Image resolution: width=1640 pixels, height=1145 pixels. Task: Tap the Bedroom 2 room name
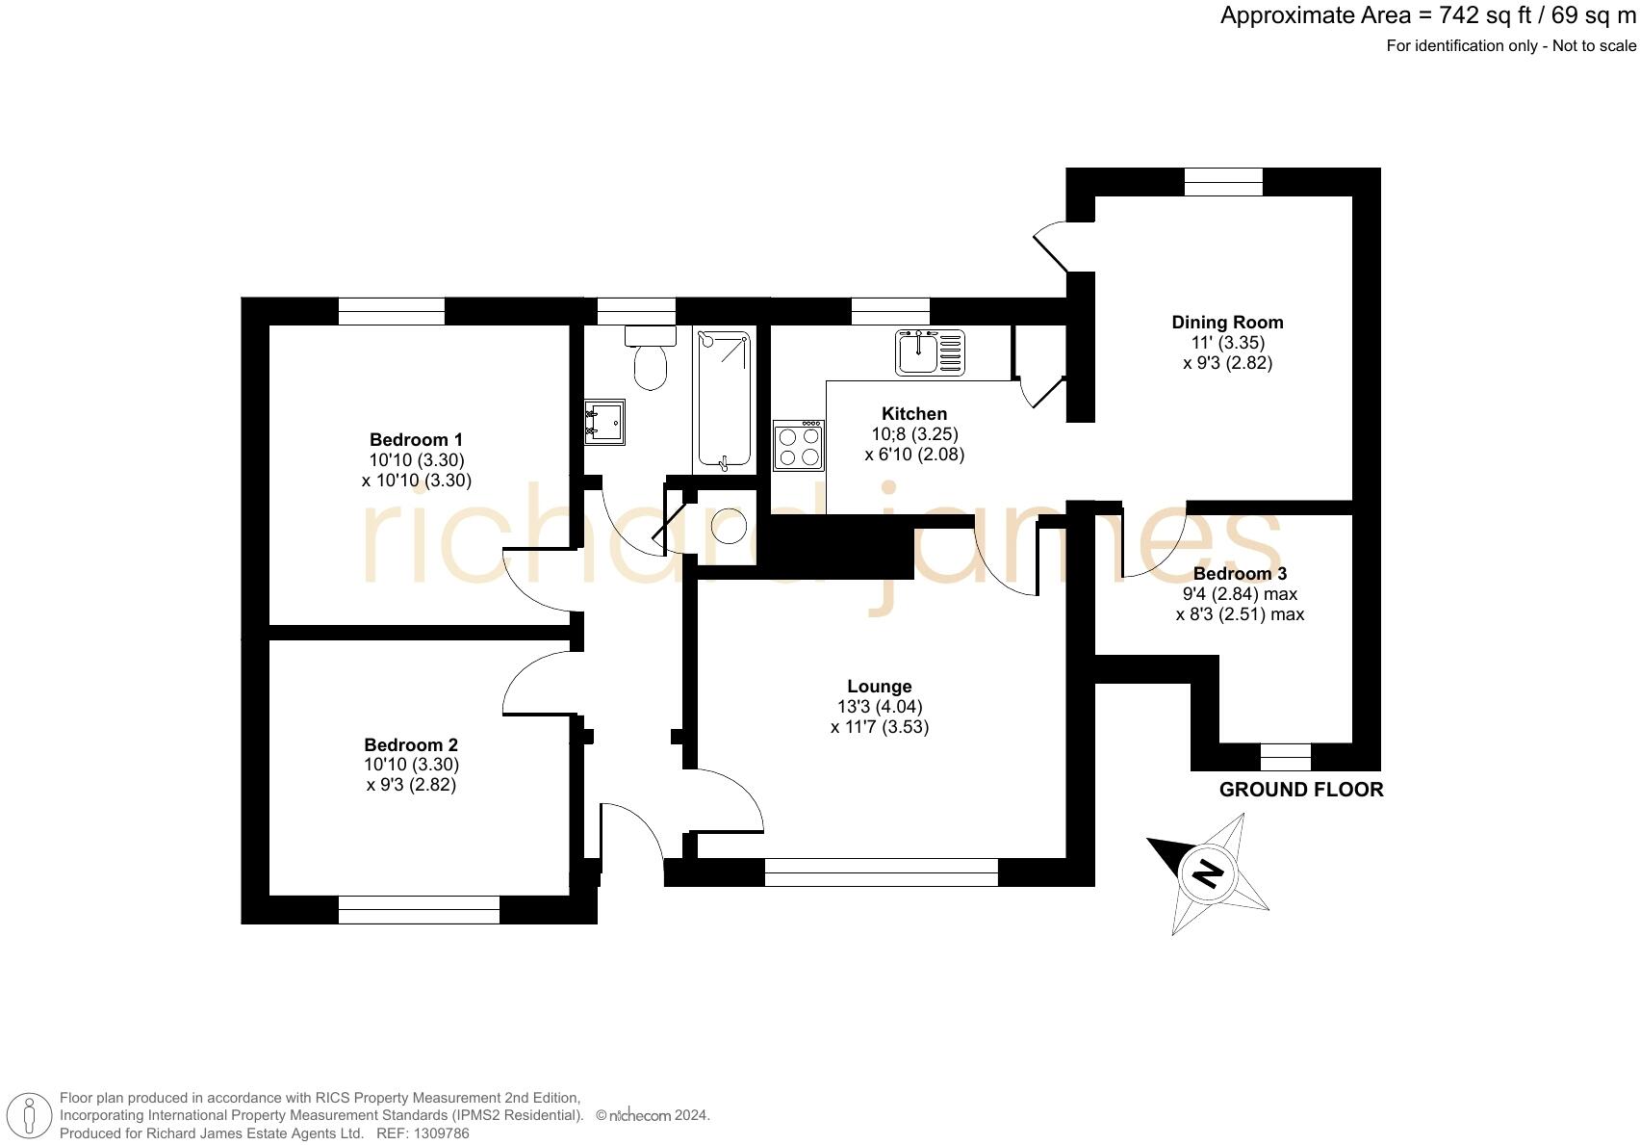[411, 744]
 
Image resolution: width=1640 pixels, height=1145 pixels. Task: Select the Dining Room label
[1227, 323]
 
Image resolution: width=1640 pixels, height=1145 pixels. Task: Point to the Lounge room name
[879, 687]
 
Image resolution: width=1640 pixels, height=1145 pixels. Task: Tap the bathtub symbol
[724, 400]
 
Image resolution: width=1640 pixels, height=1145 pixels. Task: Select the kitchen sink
[930, 351]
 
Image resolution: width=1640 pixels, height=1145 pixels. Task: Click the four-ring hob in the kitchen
[799, 446]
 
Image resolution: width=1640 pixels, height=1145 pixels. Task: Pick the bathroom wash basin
[604, 422]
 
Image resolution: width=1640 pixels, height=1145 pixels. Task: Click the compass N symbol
[1207, 873]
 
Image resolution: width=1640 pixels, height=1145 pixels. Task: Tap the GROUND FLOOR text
[1301, 790]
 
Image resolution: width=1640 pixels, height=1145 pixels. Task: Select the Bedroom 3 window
[1286, 758]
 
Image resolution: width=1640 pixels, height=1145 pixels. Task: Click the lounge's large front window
[881, 872]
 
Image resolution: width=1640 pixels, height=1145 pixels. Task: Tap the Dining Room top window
[1223, 182]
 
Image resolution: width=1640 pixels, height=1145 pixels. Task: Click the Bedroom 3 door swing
[1153, 544]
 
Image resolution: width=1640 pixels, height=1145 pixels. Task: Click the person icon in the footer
[31, 1116]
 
